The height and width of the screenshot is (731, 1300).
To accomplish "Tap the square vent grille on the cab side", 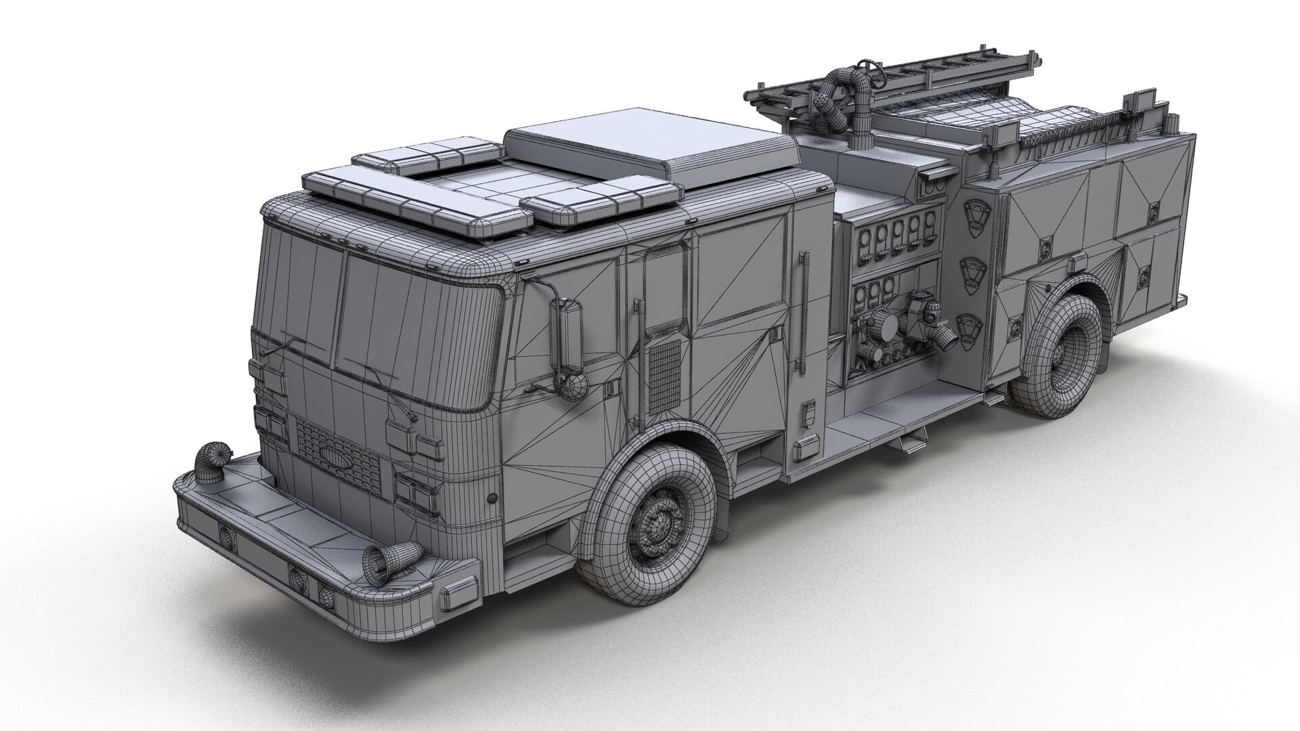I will [x=665, y=376].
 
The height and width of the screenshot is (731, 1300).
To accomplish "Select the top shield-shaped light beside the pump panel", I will [x=973, y=216].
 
